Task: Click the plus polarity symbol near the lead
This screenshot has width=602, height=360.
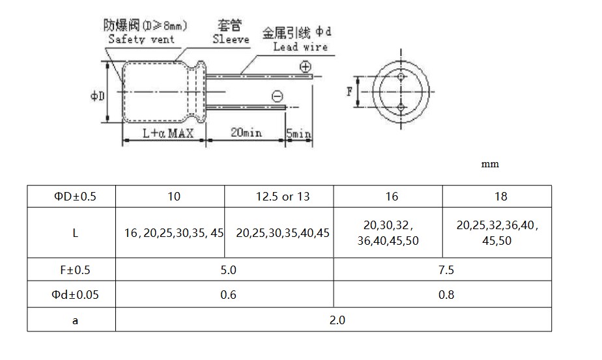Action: point(305,67)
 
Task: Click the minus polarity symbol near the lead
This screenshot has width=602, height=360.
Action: point(277,96)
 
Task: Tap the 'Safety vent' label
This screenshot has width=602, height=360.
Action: point(141,39)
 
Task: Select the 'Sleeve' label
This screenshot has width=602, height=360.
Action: point(231,39)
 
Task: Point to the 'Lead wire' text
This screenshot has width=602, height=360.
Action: point(300,47)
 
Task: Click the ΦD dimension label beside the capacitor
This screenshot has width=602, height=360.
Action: point(97,96)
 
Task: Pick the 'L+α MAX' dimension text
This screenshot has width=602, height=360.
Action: point(168,133)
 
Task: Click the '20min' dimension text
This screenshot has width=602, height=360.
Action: point(246,132)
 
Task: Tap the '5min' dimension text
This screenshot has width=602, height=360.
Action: point(298,133)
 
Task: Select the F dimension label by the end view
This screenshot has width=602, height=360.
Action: point(349,92)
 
